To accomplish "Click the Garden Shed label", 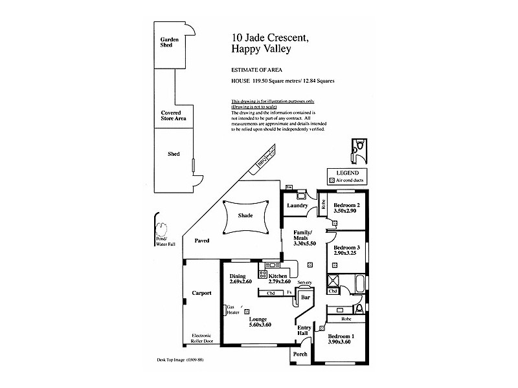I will (170, 42).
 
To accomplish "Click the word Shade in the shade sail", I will (245, 215).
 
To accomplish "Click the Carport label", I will (201, 293).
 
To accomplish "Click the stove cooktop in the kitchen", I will (264, 274).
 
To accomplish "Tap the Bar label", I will (305, 298).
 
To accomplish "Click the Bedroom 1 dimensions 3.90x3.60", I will (341, 343).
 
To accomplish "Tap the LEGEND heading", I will (348, 173).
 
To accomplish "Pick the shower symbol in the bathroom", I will (334, 281).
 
